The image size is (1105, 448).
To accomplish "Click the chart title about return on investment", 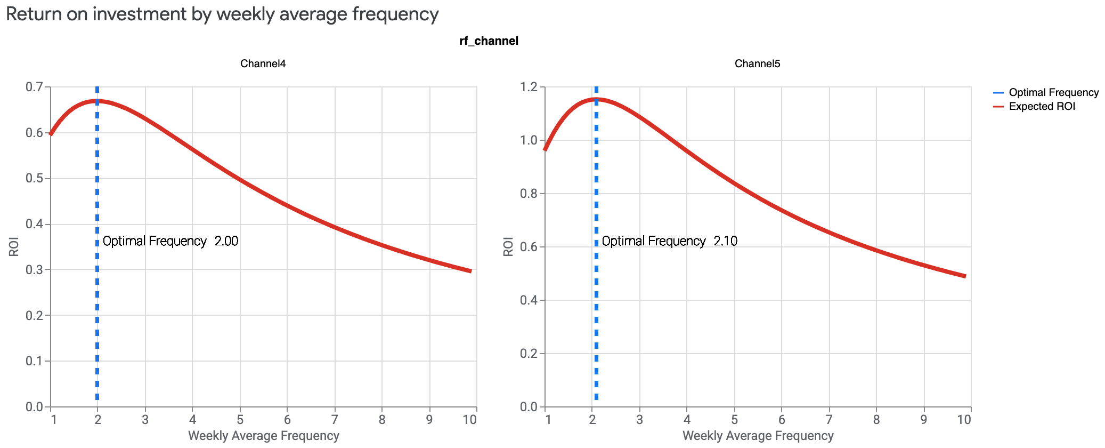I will tap(222, 14).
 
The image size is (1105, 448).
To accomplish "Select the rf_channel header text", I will tap(489, 41).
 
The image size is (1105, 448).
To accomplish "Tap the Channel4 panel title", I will tap(263, 64).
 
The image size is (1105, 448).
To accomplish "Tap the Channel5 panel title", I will tap(757, 64).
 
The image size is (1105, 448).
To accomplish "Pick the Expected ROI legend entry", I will tap(1042, 107).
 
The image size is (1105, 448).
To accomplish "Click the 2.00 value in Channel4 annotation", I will tap(226, 241).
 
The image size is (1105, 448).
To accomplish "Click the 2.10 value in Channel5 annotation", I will tap(726, 241).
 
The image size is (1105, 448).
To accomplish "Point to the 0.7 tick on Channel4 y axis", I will tap(34, 87).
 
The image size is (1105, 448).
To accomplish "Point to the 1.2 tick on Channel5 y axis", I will tap(529, 87).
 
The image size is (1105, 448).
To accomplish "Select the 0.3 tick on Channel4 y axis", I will tap(34, 270).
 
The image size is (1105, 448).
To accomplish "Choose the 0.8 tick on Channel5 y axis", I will tap(529, 194).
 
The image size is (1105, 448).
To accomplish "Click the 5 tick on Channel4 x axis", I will tap(240, 420).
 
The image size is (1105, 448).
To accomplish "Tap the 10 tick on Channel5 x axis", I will tap(964, 420).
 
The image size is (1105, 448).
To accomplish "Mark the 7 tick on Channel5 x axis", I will tap(829, 420).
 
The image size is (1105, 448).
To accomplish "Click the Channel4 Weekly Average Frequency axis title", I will tap(263, 436).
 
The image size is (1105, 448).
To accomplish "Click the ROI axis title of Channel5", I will tap(508, 247).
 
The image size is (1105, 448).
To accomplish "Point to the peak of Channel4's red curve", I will tap(97, 101).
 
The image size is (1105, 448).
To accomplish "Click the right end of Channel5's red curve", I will tap(965, 276).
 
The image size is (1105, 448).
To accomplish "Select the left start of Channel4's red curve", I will tap(51, 134).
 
